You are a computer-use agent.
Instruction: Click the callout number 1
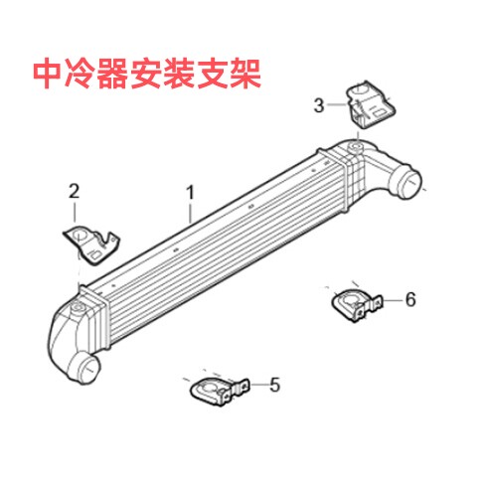(x=190, y=192)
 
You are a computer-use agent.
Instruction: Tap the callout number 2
(x=74, y=191)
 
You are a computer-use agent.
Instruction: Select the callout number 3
(x=319, y=105)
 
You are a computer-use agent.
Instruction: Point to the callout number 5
(x=274, y=385)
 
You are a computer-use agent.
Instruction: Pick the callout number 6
(x=410, y=299)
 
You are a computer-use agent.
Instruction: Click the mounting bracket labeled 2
(x=91, y=244)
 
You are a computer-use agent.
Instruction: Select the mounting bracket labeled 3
(x=371, y=104)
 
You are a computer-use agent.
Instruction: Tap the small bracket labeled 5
(x=220, y=392)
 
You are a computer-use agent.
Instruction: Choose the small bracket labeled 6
(x=357, y=305)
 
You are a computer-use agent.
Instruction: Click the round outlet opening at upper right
(x=409, y=183)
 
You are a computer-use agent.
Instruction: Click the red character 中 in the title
(x=48, y=74)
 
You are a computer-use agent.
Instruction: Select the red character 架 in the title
(x=245, y=74)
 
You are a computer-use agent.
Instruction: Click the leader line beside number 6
(x=393, y=300)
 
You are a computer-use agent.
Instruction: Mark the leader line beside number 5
(x=258, y=385)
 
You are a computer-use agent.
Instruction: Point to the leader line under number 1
(x=190, y=213)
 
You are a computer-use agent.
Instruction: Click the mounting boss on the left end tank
(x=78, y=307)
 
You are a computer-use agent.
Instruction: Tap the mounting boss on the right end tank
(x=356, y=146)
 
